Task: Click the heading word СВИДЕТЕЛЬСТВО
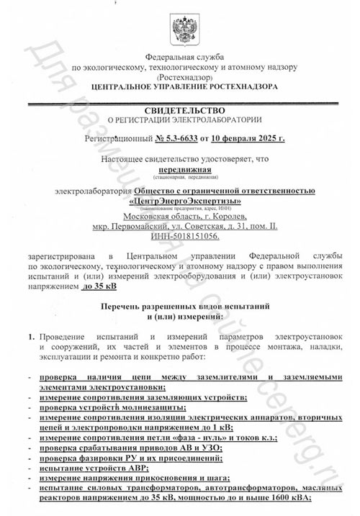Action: tap(179, 109)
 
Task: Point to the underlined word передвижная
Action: tap(180, 168)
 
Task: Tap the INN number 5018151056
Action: tap(189, 236)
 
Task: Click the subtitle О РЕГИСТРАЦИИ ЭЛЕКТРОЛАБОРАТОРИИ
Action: tap(180, 119)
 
